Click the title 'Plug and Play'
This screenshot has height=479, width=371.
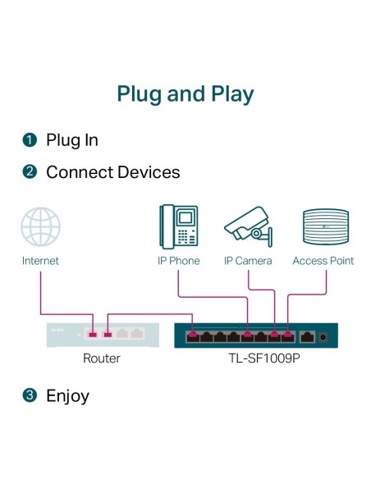(x=185, y=94)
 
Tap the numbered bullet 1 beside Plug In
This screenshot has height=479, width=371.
(x=30, y=140)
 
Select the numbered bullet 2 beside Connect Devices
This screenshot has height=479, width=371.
(x=30, y=173)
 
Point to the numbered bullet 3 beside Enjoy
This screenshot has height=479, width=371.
(x=30, y=396)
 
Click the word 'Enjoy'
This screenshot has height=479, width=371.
(x=67, y=396)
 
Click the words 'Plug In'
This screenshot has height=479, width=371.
(x=72, y=140)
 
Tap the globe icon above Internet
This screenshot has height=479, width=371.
(x=40, y=226)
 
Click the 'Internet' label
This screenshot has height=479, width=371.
(x=40, y=261)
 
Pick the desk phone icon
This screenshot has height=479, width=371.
(x=178, y=226)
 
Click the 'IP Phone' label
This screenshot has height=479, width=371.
(x=178, y=261)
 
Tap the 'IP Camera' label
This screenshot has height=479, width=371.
(x=248, y=261)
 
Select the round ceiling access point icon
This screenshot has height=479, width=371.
(x=323, y=226)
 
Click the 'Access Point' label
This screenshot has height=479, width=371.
(x=323, y=261)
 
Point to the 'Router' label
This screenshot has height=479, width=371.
(x=102, y=358)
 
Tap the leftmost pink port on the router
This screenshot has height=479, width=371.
(x=93, y=334)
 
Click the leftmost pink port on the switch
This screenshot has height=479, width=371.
(x=193, y=335)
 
